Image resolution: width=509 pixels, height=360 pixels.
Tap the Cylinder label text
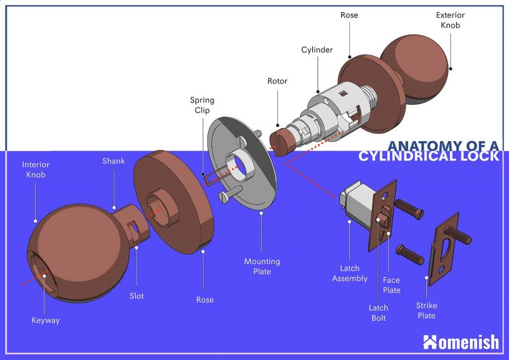click(317, 50)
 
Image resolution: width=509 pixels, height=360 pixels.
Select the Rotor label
click(277, 82)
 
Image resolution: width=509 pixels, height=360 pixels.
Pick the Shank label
click(113, 161)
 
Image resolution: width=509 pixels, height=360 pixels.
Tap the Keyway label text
click(46, 321)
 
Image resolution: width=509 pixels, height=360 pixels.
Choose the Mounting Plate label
click(262, 267)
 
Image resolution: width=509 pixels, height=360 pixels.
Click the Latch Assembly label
click(349, 273)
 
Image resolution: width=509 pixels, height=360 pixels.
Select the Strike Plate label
click(426, 310)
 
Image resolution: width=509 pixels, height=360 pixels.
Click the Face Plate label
click(391, 285)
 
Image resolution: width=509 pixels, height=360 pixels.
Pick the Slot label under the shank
click(137, 296)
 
